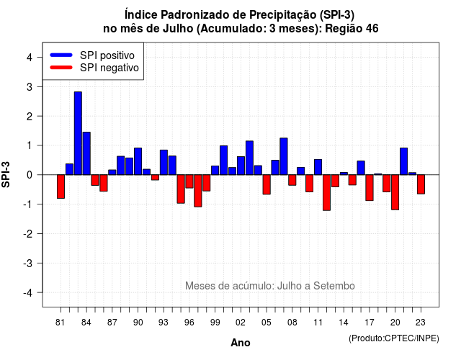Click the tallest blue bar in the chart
78,133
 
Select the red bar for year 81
61,186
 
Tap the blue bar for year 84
86,153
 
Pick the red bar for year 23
421,184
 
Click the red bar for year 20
395,192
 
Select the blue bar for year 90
138,161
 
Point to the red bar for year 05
267,184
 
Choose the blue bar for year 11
318,167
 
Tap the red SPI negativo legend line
61,68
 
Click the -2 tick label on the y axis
28,233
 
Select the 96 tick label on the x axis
189,323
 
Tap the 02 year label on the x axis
241,323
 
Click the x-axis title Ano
241,343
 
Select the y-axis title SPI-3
6,174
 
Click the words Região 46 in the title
352,29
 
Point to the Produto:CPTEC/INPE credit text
394,338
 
